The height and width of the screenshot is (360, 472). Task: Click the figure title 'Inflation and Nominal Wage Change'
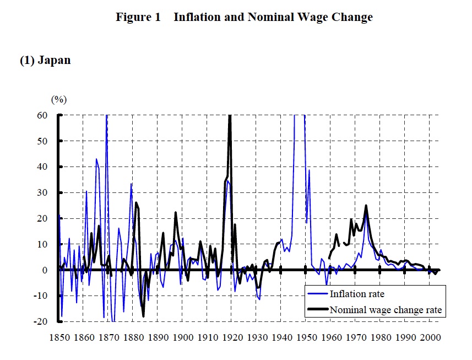click(x=273, y=17)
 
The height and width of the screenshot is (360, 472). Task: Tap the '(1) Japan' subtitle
click(x=45, y=61)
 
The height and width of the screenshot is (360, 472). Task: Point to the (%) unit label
click(x=59, y=99)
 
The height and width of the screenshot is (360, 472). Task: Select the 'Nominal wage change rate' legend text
click(x=386, y=310)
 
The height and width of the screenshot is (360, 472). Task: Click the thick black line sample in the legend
click(x=317, y=310)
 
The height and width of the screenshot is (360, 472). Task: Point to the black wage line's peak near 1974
click(x=366, y=206)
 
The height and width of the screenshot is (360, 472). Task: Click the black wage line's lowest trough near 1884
click(x=143, y=316)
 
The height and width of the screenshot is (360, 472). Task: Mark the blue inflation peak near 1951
click(x=310, y=170)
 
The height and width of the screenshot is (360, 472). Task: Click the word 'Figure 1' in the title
click(x=138, y=17)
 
